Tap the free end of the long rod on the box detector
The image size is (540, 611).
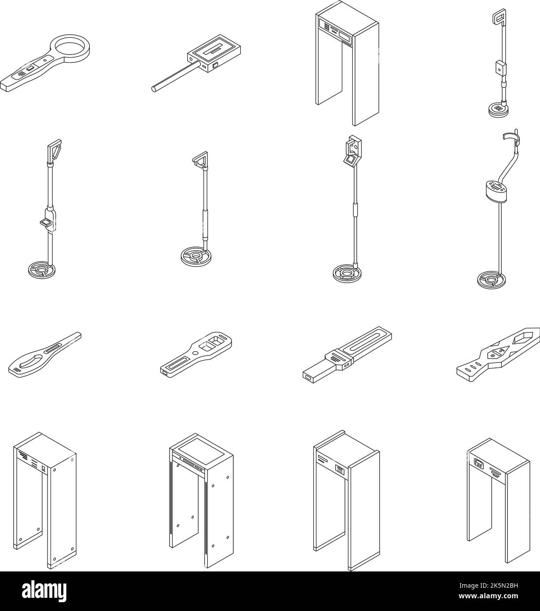point(154,89)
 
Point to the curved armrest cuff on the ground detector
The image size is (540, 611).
point(511,137)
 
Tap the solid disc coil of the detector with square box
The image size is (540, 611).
point(498,110)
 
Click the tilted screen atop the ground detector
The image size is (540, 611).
point(351,160)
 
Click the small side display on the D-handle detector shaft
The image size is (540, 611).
point(46,222)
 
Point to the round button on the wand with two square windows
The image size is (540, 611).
point(196,353)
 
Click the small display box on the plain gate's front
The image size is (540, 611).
point(478,463)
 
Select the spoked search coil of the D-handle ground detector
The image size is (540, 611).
point(42,269)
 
